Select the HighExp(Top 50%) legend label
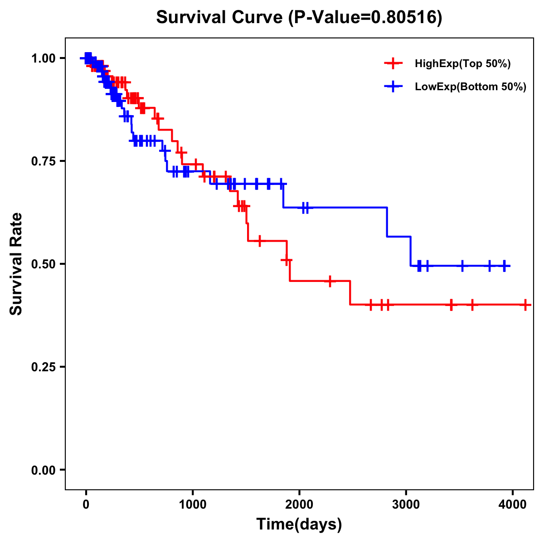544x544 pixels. click(x=463, y=64)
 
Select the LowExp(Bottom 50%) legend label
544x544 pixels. click(x=471, y=87)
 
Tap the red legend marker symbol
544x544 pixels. click(x=393, y=63)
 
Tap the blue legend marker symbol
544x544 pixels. click(x=393, y=87)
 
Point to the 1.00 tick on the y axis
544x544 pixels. click(x=43, y=58)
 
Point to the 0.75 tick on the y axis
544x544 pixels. click(x=43, y=161)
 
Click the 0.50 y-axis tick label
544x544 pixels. click(x=43, y=264)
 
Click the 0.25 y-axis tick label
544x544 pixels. click(x=43, y=367)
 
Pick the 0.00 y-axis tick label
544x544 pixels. click(x=43, y=470)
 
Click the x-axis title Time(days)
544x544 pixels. click(x=299, y=524)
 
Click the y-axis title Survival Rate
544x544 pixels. click(x=16, y=264)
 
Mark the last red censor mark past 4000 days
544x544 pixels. click(x=525, y=305)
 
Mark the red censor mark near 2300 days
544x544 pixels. click(x=330, y=281)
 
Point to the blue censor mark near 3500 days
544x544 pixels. click(x=462, y=266)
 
